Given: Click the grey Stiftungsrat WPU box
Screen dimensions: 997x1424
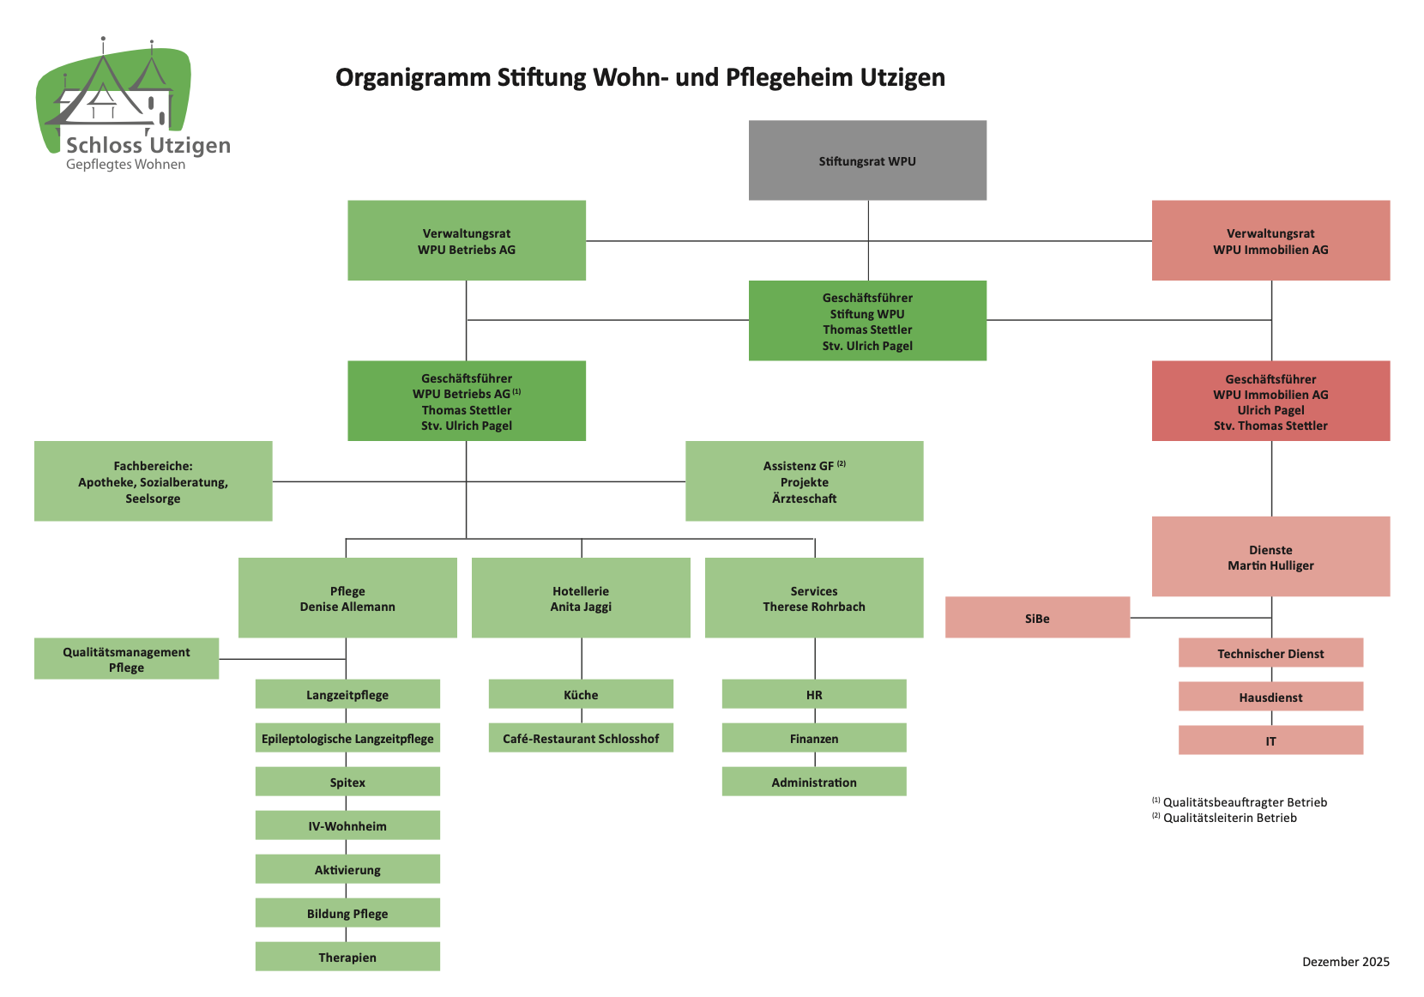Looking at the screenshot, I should pyautogui.click(x=867, y=160).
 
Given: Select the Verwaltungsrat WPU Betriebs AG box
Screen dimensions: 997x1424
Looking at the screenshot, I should pyautogui.click(x=466, y=241).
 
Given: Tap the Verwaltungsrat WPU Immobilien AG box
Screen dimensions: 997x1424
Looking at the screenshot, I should pyautogui.click(x=1270, y=241).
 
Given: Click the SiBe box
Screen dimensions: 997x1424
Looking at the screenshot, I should pyautogui.click(x=1037, y=618).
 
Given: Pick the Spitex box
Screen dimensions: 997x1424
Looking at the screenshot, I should pyautogui.click(x=347, y=782).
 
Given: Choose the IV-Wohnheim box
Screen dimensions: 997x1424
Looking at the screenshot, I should pyautogui.click(x=347, y=825).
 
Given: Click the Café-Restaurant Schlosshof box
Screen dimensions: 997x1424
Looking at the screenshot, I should pyautogui.click(x=581, y=738).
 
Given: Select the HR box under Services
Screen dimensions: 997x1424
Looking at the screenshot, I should pyautogui.click(x=814, y=694).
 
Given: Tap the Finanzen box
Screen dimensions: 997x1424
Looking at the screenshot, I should pyautogui.click(x=814, y=738).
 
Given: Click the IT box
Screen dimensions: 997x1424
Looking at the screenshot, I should pyautogui.click(x=1270, y=740).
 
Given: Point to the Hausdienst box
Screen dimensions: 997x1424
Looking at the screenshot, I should pyautogui.click(x=1270, y=697).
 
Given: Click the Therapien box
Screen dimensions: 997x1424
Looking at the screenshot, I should pyautogui.click(x=347, y=957).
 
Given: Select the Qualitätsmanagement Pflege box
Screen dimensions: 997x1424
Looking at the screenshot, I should pyautogui.click(x=126, y=659).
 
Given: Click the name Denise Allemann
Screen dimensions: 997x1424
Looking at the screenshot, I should pyautogui.click(x=347, y=607).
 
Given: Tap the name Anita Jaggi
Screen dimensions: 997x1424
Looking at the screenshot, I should pyautogui.click(x=581, y=607).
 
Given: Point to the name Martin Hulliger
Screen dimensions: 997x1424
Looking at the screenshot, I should pyautogui.click(x=1270, y=565).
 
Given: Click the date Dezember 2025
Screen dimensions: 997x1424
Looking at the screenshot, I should pyautogui.click(x=1345, y=962).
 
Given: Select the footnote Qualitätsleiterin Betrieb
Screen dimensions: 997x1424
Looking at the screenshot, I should pyautogui.click(x=1229, y=818).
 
